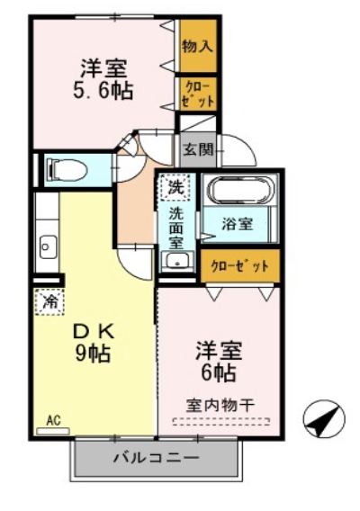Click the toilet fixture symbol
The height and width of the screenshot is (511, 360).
67,169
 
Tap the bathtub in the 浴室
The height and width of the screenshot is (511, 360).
241,190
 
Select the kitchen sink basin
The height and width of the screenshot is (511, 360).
48,247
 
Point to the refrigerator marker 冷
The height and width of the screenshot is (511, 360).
49,302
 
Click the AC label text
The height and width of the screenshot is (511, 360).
53,420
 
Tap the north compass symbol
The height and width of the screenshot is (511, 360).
323,419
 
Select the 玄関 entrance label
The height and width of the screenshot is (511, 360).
198,149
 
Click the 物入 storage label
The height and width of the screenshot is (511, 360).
198,46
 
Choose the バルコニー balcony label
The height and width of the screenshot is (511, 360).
156,458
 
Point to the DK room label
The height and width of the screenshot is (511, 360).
93,332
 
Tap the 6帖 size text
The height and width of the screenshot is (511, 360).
219,372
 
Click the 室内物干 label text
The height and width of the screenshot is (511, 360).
220,406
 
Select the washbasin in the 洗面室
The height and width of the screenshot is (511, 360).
177,262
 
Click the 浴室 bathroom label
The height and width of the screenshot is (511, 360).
238,224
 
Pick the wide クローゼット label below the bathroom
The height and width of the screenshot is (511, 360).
240,266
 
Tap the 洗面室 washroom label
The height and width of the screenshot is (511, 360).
176,229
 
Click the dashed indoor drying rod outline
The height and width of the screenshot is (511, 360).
221,422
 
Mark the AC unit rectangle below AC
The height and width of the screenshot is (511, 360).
53,432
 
